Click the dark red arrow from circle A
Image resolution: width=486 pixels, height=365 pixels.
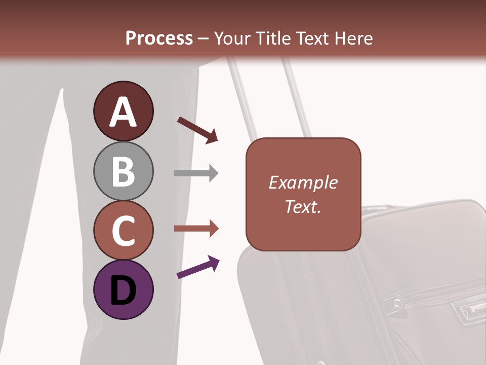click(197, 130)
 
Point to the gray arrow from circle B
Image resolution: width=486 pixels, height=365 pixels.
click(196, 173)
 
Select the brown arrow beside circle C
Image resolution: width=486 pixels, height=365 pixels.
click(196, 229)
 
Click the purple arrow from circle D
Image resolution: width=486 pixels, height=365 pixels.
click(198, 267)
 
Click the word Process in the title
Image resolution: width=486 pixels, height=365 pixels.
click(159, 39)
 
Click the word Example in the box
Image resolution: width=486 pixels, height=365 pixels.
click(303, 182)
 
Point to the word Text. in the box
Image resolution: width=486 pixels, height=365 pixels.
click(303, 206)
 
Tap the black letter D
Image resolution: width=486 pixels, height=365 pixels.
click(123, 291)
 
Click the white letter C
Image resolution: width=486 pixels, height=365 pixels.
click(123, 231)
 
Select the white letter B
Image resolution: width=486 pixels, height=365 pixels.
click(123, 171)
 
